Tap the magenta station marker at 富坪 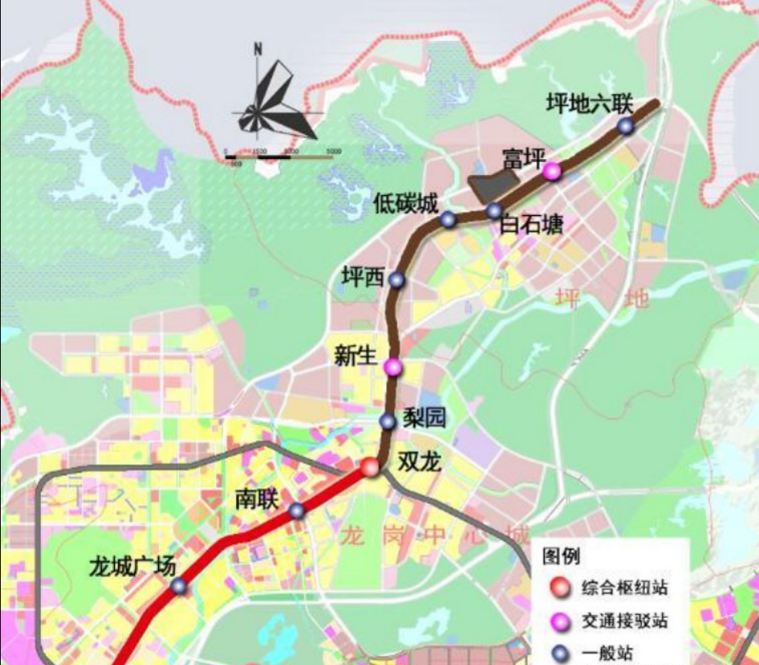pos(552,171)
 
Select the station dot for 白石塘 pos(494,211)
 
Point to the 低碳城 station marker pos(448,220)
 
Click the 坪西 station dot pos(396,280)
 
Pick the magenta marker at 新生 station pos(393,367)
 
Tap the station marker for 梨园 pos(388,421)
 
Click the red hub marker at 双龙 pos(371,467)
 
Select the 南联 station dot pos(297,511)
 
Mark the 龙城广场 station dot pos(179,586)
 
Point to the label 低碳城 pos(406,204)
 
